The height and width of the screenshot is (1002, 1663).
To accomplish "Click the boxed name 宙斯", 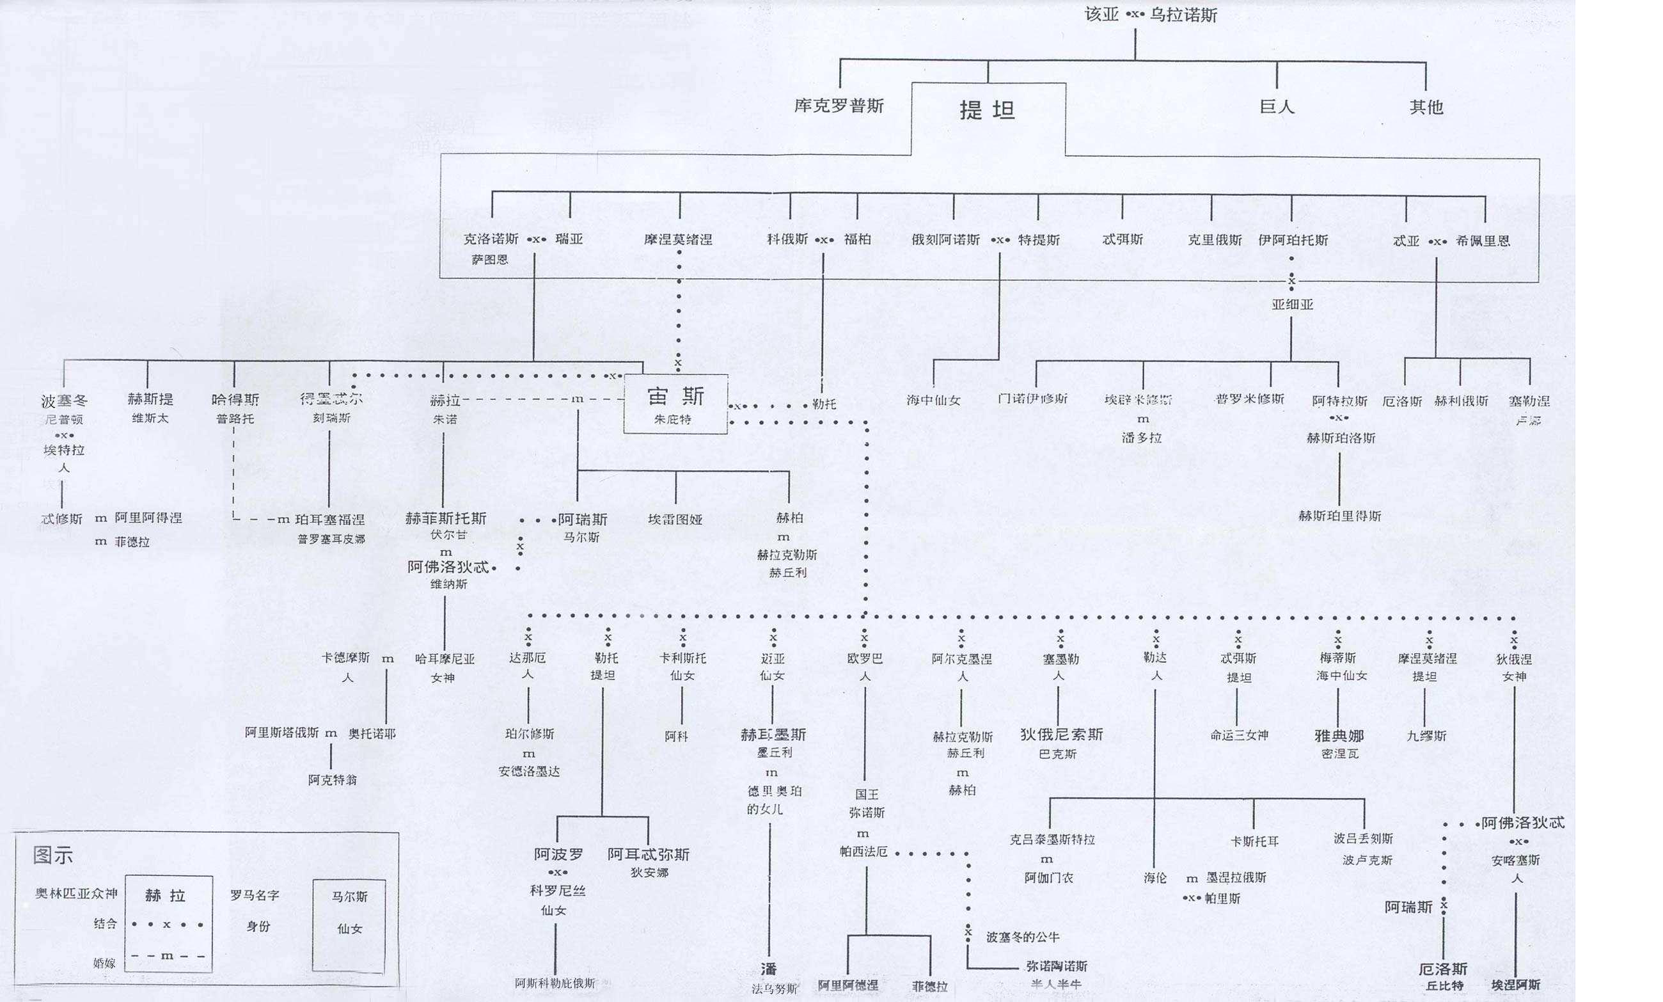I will (675, 397).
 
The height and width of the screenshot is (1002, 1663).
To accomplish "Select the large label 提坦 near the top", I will (987, 110).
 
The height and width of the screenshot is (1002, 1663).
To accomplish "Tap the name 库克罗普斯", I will (839, 106).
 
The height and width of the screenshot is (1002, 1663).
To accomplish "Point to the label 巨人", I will (1277, 107).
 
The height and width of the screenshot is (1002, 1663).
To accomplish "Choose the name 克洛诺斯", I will (491, 239).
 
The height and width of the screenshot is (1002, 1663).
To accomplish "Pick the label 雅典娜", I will (1339, 735).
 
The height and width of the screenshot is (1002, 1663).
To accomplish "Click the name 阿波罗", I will (559, 854).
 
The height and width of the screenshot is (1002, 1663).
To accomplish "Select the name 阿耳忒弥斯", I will (648, 854).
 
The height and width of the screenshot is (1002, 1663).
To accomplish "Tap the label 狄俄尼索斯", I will (1061, 734).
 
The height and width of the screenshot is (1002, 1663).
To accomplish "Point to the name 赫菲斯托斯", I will (445, 518).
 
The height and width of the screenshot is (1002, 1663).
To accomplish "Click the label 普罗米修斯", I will (1249, 399).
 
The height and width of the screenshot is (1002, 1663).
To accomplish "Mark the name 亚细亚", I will (1293, 305).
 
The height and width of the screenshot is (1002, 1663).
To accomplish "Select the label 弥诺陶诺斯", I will (1056, 966).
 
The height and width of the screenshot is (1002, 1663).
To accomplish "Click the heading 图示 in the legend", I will (52, 855).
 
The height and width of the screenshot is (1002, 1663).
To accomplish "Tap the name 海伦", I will (1155, 878).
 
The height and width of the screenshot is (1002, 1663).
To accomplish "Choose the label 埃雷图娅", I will (675, 519).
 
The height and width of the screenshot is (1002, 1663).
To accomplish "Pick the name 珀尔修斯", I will (530, 734).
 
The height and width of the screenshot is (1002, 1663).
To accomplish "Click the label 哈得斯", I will (235, 399).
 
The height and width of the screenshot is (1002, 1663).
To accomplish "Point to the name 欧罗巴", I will (865, 658).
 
